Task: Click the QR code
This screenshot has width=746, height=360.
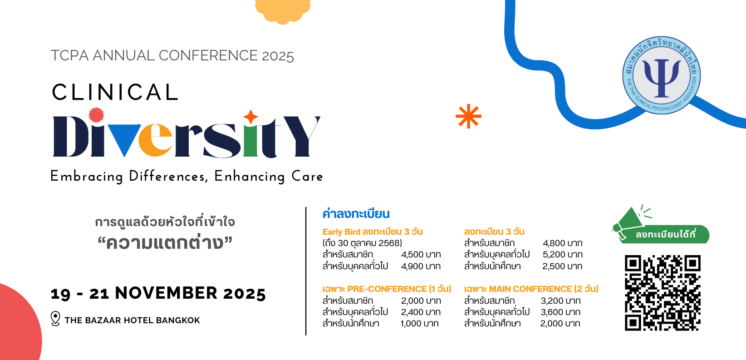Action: point(663,293)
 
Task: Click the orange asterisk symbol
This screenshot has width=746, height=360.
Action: point(468,116)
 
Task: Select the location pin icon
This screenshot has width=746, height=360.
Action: point(55,319)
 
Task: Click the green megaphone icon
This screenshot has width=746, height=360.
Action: point(628,222)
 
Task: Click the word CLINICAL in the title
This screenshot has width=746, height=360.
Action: point(115,92)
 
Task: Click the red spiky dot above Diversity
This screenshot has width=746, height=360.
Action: point(96,115)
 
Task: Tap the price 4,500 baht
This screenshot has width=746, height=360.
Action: point(421,255)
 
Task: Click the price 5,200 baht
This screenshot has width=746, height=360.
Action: point(563,255)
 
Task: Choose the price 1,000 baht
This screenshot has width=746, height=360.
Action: point(420,324)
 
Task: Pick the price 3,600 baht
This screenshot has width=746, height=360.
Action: point(560,312)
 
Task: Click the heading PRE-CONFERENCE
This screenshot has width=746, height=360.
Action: point(387,289)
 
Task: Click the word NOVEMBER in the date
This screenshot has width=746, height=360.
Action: point(166,293)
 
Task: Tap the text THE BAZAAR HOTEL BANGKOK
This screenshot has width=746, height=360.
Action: point(132,321)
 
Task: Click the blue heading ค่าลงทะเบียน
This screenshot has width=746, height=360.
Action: point(356,214)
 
